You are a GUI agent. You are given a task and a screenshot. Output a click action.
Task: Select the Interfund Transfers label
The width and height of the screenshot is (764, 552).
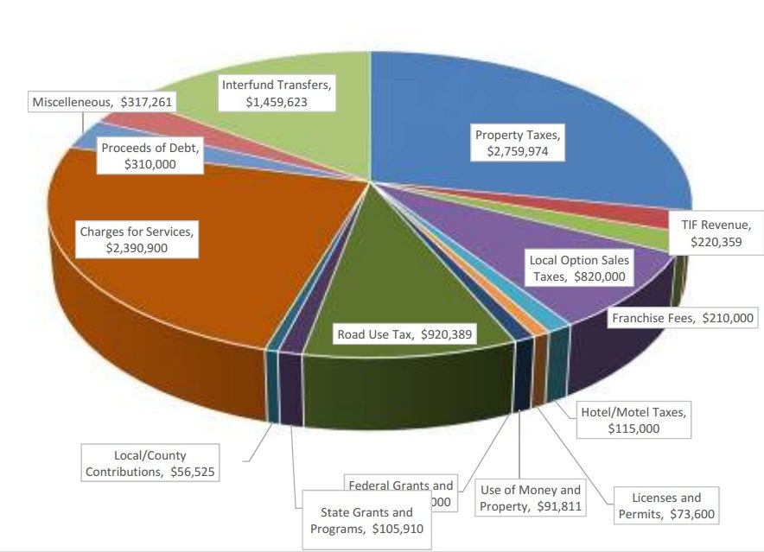[277, 93]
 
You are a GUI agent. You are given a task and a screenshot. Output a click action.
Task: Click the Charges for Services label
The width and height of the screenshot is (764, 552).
[137, 239]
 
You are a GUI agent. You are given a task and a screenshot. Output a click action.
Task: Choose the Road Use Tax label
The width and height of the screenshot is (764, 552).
[404, 335]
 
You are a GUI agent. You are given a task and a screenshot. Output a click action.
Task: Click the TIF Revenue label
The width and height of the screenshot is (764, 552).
[716, 233]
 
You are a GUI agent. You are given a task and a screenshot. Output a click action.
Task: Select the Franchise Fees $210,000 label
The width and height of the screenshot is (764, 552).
[683, 318]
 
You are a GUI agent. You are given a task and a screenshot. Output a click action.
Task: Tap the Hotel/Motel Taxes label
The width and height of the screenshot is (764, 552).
[633, 420]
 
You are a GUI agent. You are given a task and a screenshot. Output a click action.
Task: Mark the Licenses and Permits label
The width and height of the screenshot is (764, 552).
[666, 505]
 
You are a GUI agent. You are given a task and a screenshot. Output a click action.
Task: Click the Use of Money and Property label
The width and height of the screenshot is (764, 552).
[530, 498]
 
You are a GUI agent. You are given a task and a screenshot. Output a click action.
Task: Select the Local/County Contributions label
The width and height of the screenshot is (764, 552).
[150, 464]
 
